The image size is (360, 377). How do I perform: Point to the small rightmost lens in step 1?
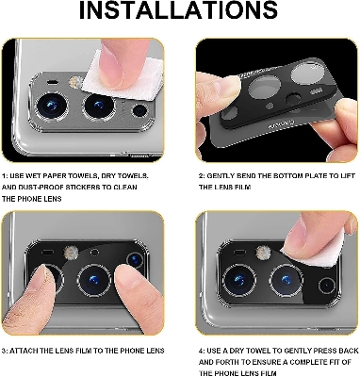pos(142,111)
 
